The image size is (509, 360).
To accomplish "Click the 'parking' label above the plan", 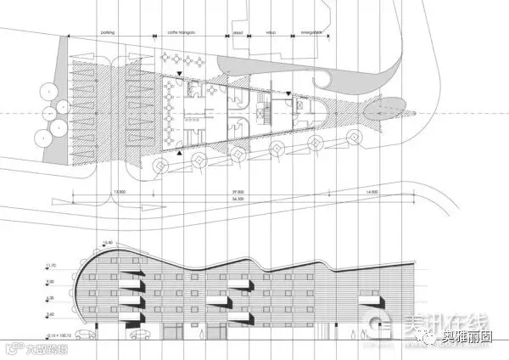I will click(x=107, y=31).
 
